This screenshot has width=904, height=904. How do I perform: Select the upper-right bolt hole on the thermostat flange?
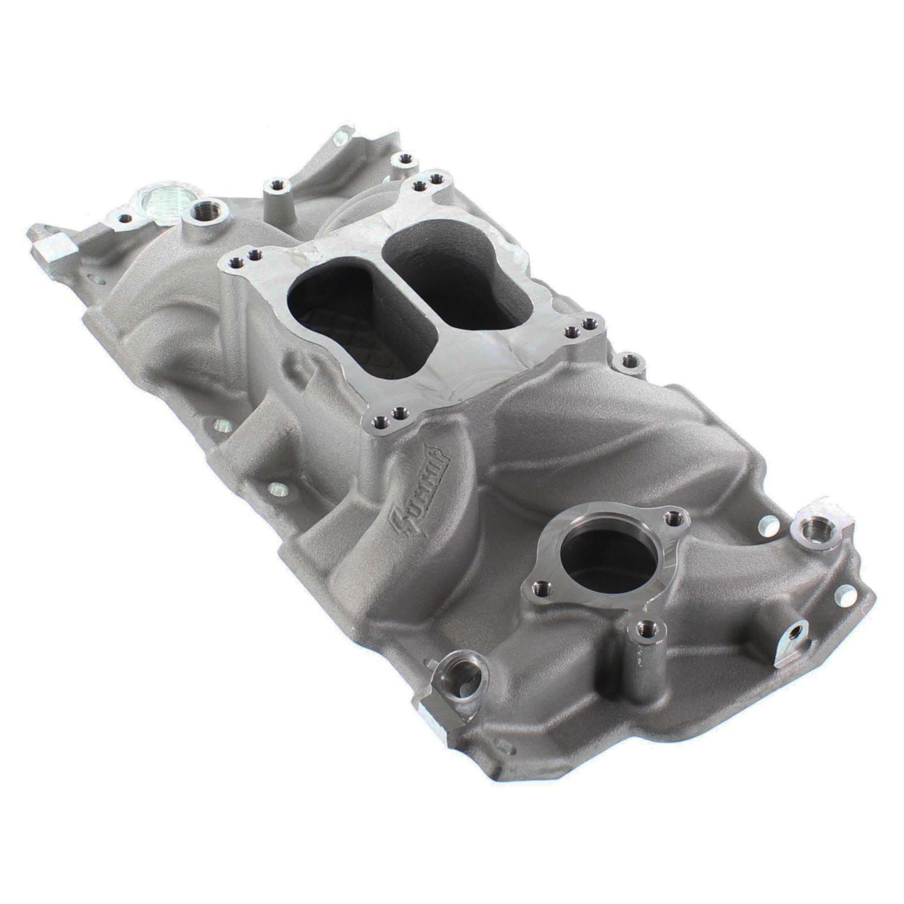point(671,516)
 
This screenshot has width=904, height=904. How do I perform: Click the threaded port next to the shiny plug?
point(205,213)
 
